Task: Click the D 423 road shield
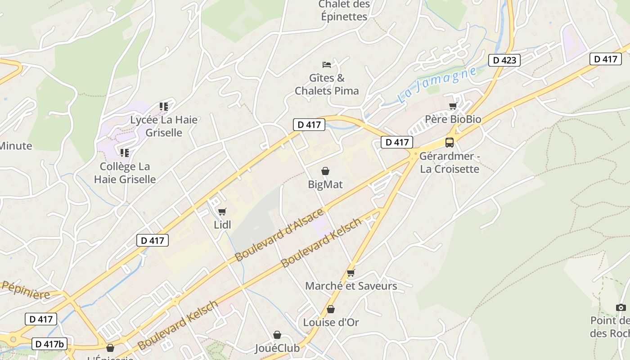tap(504, 60)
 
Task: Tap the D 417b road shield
tap(50, 344)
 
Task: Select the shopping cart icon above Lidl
tap(222, 211)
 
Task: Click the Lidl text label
tap(222, 225)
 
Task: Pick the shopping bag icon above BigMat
tap(325, 171)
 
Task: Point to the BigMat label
tap(325, 184)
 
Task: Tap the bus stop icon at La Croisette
tap(449, 143)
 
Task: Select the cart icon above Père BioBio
tap(453, 106)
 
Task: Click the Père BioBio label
tap(453, 119)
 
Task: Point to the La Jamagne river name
tap(437, 85)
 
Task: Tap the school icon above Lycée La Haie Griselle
tap(164, 107)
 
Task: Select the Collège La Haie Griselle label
tap(125, 173)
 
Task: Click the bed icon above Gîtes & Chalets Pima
tap(327, 65)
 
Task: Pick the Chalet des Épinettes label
tap(344, 11)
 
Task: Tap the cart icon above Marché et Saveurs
tap(351, 273)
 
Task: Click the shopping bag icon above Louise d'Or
tap(331, 309)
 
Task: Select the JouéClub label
tap(277, 348)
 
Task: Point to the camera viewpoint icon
tap(621, 307)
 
